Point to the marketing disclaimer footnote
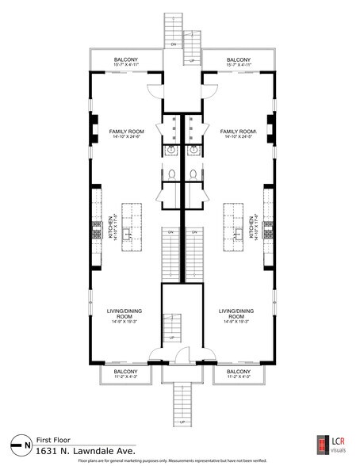pos(179,460)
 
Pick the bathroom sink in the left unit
pos(170,148)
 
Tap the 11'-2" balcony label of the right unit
pos(239,373)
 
